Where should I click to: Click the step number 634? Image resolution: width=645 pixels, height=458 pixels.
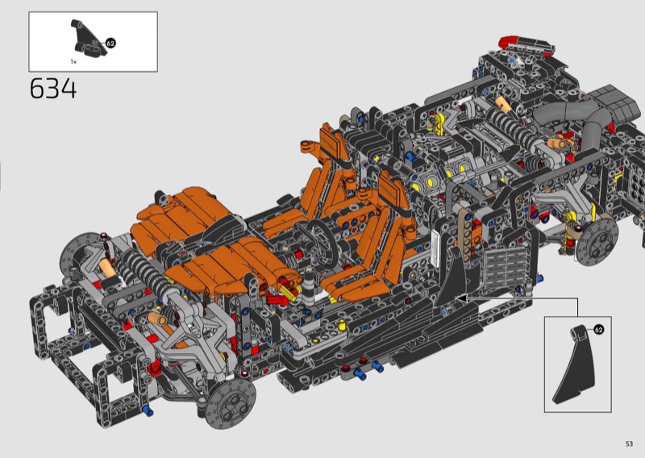(53, 89)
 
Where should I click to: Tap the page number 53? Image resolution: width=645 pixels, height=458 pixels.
(629, 443)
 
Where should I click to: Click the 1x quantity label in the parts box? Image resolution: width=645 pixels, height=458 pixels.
(73, 62)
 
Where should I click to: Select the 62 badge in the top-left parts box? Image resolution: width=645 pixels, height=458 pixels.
(110, 43)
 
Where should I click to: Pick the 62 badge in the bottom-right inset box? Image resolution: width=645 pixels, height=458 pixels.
(599, 329)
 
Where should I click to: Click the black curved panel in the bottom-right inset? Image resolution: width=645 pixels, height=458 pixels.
(574, 366)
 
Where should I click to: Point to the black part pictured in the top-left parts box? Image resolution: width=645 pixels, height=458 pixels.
(87, 39)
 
